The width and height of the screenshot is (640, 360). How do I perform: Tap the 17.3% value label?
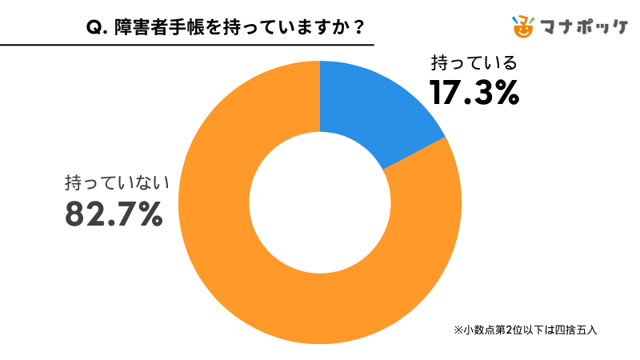pyautogui.click(x=474, y=94)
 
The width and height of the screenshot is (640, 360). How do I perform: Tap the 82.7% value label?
pyautogui.click(x=114, y=214)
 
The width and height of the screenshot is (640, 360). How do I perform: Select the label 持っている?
pyautogui.click(x=474, y=63)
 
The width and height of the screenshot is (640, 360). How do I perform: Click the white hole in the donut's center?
pyautogui.click(x=319, y=202)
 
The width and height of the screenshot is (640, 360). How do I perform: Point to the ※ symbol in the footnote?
pyautogui.click(x=458, y=330)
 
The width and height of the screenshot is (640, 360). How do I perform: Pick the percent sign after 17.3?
pyautogui.click(x=505, y=94)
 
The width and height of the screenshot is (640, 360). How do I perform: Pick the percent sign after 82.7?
pyautogui.click(x=146, y=214)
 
